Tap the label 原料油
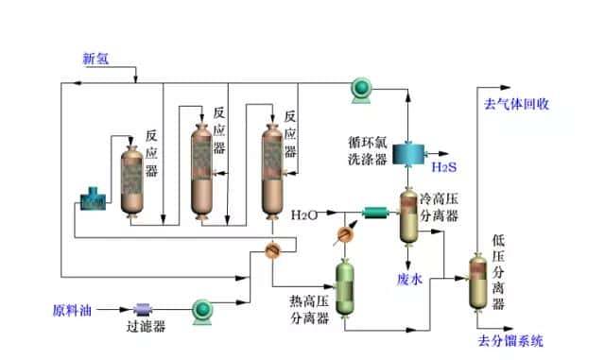coord(71,309)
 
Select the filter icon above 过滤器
coord(145,309)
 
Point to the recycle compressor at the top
coord(361,89)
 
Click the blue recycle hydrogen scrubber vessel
coord(408,152)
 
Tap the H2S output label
coord(444,167)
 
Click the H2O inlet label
coord(304,214)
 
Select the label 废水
coord(409,278)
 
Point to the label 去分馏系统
coord(511,341)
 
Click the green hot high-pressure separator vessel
coord(346,283)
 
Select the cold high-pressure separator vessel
coord(408,218)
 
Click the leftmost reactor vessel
coord(130,179)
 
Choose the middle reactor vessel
coord(202,168)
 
